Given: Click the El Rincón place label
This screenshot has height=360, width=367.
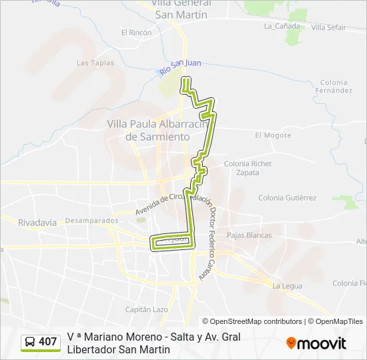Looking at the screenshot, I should (x=136, y=32).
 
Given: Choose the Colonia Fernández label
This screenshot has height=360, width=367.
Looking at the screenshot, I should (x=334, y=86).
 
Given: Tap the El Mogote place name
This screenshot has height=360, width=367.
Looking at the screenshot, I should (x=273, y=135).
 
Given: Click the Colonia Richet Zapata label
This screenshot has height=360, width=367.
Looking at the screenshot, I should (x=248, y=167).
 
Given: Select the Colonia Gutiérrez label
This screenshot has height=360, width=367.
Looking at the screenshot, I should (x=287, y=198).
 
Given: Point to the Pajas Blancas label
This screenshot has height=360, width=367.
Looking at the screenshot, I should (x=250, y=235).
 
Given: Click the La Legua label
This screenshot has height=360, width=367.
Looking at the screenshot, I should (x=288, y=286).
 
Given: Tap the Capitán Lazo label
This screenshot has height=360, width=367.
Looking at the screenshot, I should (x=147, y=309).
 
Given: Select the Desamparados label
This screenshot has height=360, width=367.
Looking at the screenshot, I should (x=92, y=220).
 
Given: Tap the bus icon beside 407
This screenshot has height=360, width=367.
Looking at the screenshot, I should (x=30, y=343).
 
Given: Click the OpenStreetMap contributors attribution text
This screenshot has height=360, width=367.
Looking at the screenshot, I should (x=252, y=321).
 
